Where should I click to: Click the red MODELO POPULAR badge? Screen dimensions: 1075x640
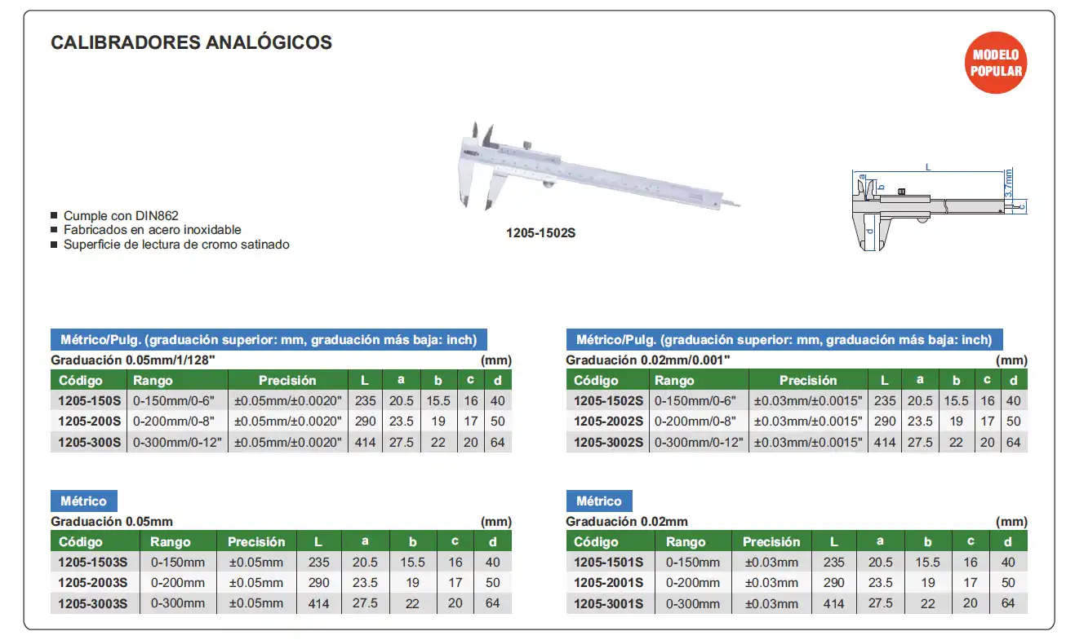pyautogui.click(x=995, y=63)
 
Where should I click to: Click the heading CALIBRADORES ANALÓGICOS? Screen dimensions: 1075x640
pyautogui.click(x=191, y=42)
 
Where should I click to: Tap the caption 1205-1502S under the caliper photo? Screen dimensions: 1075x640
pyautogui.click(x=540, y=233)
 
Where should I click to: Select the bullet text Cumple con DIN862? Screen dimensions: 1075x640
pyautogui.click(x=121, y=216)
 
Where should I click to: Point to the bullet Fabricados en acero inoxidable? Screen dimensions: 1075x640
pyautogui.click(x=152, y=230)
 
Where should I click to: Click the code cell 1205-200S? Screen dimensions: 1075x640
pyautogui.click(x=89, y=422)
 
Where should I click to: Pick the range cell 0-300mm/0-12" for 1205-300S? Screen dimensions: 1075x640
pyautogui.click(x=177, y=442)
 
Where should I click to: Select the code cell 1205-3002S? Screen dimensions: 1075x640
pyautogui.click(x=608, y=442)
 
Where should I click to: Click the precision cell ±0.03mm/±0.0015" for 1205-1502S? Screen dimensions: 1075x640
pyautogui.click(x=808, y=401)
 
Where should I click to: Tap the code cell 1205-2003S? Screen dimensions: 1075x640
pyautogui.click(x=92, y=582)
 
